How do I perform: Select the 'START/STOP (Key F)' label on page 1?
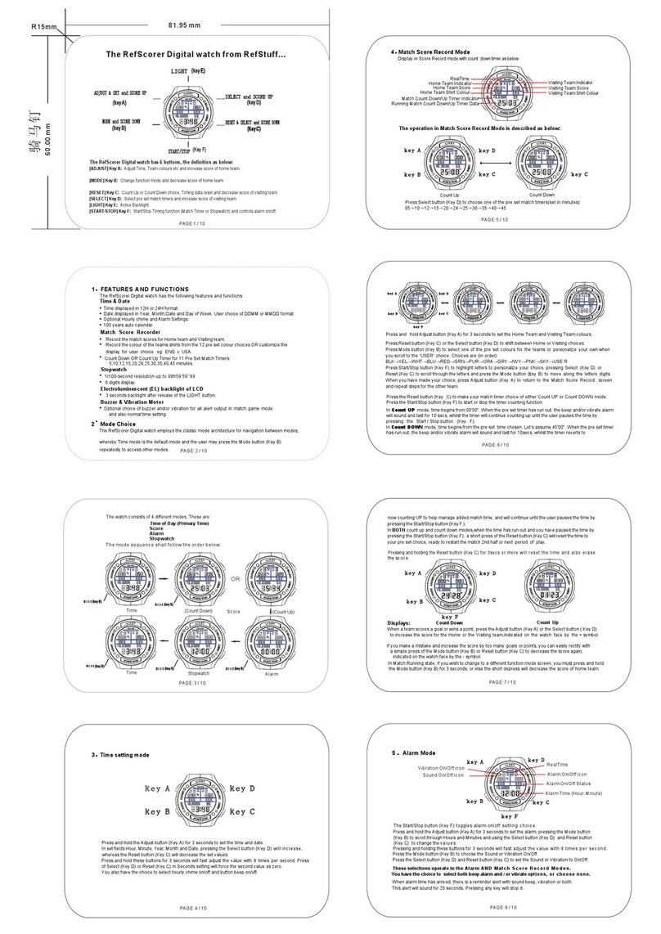187,150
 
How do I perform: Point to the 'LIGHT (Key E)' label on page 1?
187,72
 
